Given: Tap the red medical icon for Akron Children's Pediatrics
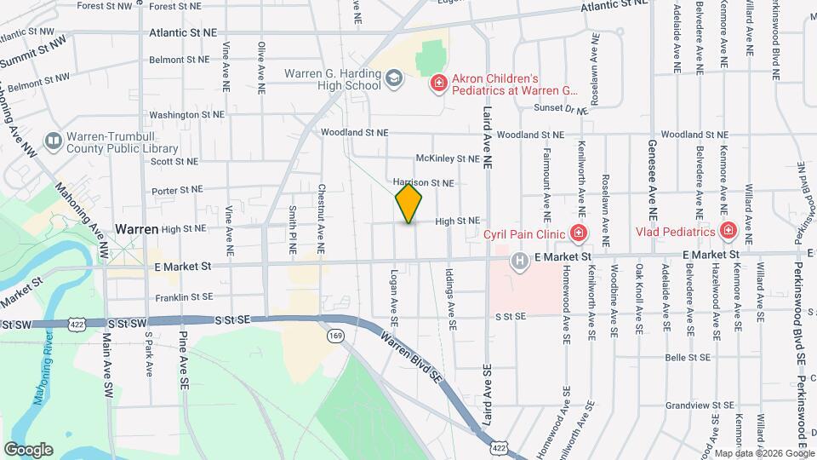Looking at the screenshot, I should [x=438, y=83].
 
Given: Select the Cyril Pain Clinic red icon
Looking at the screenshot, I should [x=579, y=233].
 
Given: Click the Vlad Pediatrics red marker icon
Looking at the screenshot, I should [x=728, y=231].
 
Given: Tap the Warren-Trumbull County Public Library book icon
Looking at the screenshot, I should [x=53, y=140].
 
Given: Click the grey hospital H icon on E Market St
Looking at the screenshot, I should [x=518, y=262].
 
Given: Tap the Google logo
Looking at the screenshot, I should [x=28, y=449].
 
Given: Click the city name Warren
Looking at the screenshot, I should [x=137, y=229].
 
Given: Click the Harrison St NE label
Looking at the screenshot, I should [x=424, y=182].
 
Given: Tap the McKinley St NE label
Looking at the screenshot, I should [x=447, y=158].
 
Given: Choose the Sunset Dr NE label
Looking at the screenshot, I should [x=561, y=108].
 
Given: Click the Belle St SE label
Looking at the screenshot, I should [x=688, y=358].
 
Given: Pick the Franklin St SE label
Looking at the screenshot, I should [x=184, y=298].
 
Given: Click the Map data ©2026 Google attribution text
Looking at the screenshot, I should [x=763, y=453].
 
